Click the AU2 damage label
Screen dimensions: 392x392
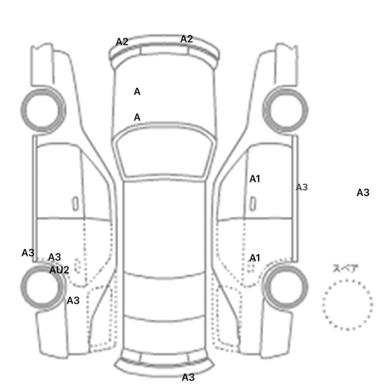tap(59, 270)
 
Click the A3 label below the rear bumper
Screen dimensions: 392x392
tap(188, 377)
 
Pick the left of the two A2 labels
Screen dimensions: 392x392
tap(122, 42)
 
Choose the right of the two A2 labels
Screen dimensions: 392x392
tap(186, 39)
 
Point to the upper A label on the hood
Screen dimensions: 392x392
tap(137, 92)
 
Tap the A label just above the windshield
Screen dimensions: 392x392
tap(137, 117)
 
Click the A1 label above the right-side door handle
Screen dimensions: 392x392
tap(255, 179)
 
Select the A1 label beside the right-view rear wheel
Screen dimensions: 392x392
tap(255, 258)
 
